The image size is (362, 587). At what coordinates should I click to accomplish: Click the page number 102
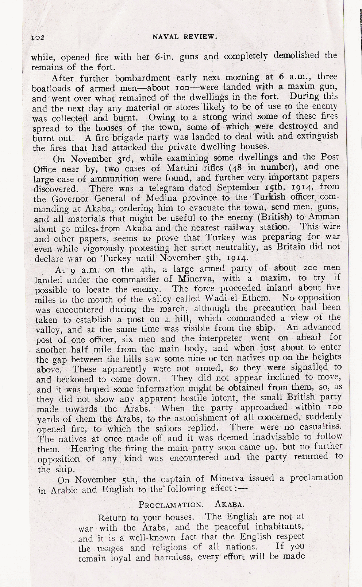[38, 37]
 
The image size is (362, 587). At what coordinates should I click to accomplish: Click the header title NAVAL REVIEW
[185, 36]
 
